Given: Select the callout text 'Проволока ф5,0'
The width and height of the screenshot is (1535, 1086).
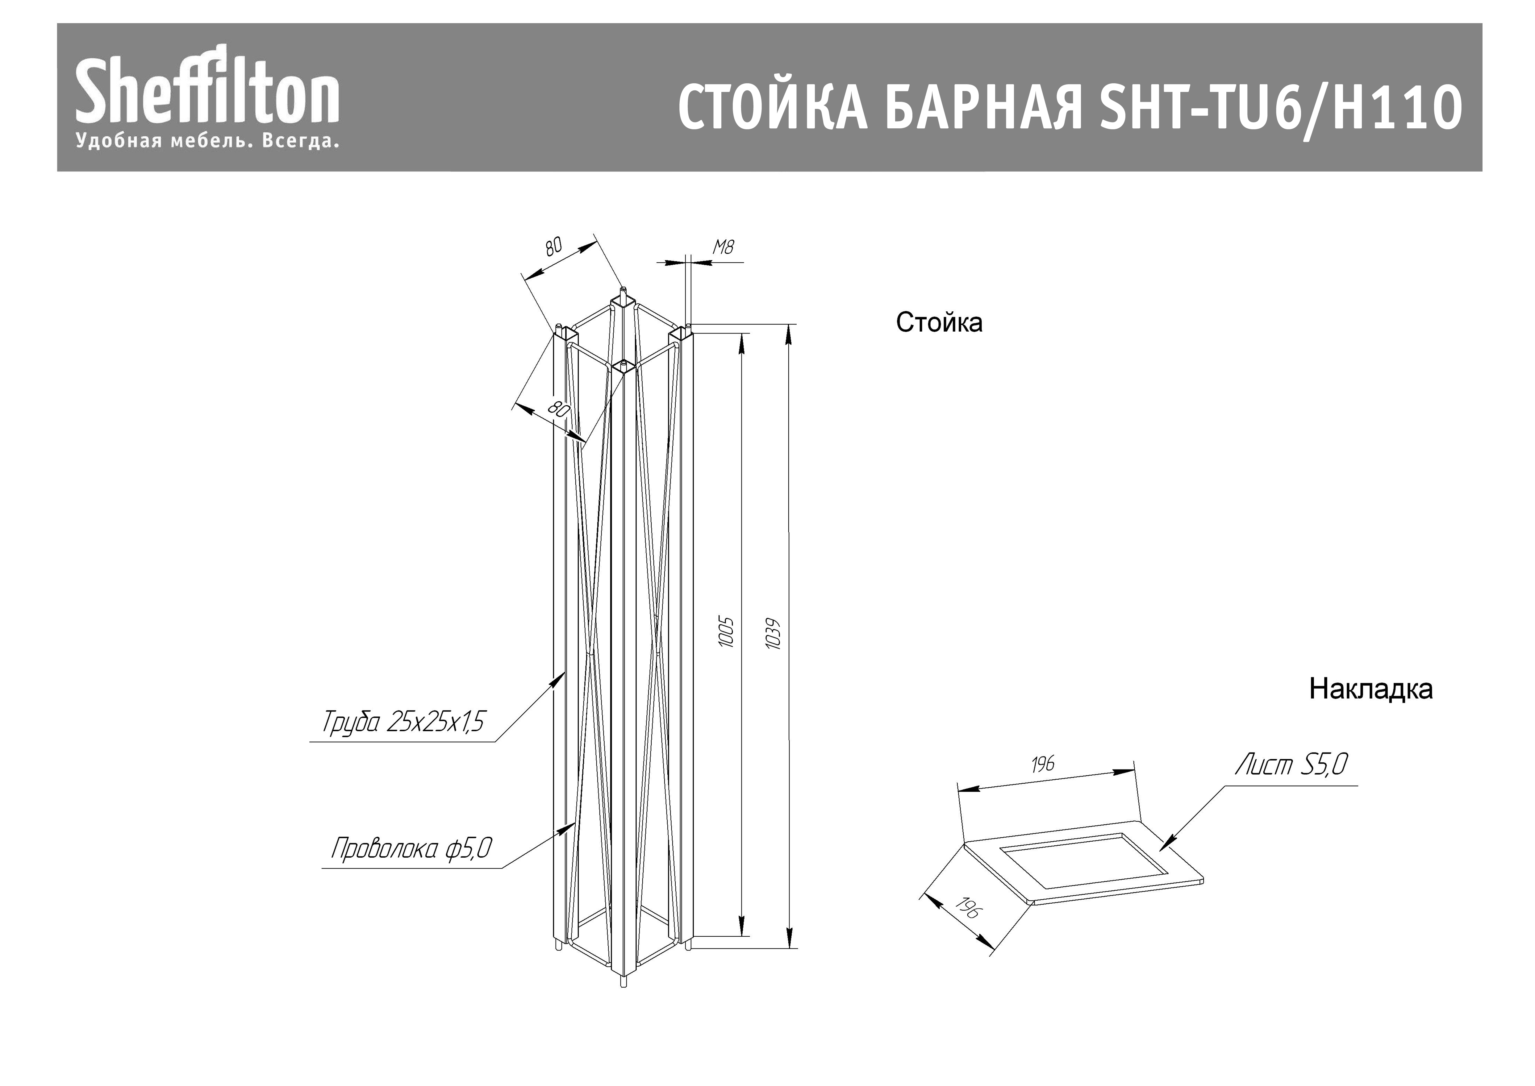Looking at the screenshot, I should pos(411,849).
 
